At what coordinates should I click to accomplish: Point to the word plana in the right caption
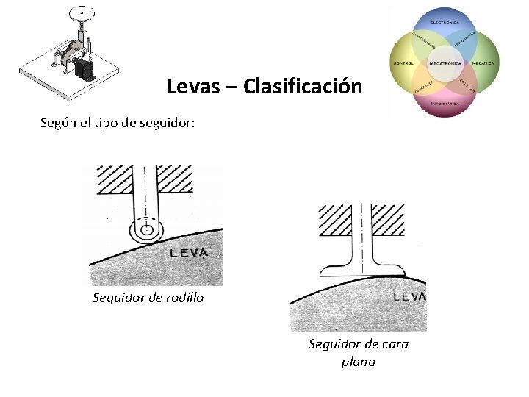tap(358, 362)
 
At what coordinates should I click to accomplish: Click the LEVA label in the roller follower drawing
tap(189, 253)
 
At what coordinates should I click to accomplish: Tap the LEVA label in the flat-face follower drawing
tap(410, 297)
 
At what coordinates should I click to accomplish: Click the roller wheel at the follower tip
tap(147, 230)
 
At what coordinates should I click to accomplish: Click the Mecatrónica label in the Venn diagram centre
tap(445, 63)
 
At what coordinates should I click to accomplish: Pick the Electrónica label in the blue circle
tap(445, 23)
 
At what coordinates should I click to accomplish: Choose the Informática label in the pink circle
tap(445, 104)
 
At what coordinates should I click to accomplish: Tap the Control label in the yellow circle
tap(404, 63)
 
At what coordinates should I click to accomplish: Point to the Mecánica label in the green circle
tap(483, 63)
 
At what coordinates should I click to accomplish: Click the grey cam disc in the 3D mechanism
tap(71, 51)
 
